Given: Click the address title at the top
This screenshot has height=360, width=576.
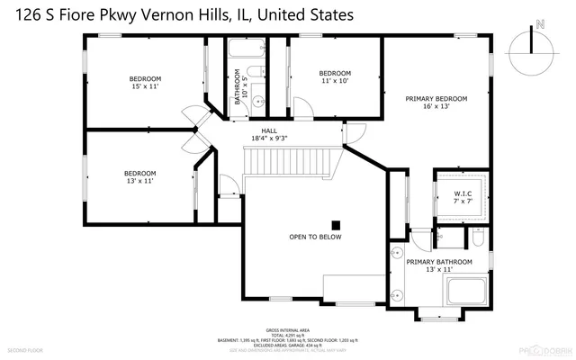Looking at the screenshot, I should click(178, 15).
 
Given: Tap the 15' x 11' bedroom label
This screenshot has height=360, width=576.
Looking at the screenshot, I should click(144, 84).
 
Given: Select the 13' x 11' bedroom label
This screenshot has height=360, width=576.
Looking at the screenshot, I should click(139, 177).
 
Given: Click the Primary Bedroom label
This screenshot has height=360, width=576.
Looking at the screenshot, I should click(436, 103).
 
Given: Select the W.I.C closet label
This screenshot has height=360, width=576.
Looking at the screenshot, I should click(463, 196).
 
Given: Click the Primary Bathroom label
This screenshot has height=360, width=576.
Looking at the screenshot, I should click(439, 265).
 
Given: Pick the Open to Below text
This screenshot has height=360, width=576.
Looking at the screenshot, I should click(315, 238).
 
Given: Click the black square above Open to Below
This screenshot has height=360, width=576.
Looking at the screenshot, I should click(336, 225).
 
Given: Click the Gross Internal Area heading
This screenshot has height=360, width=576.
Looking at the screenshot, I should click(287, 330).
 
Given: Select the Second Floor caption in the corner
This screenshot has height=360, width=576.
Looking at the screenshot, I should click(24, 349).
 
